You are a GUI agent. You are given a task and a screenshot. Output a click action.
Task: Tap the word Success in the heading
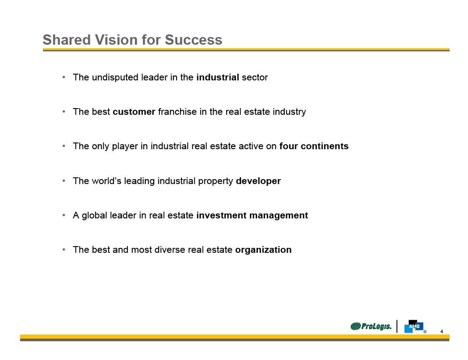point(194,40)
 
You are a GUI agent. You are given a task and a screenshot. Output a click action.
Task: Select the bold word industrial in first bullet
point(218,77)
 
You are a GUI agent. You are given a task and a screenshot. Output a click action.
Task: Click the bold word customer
point(134,112)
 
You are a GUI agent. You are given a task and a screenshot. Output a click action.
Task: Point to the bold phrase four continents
point(314,146)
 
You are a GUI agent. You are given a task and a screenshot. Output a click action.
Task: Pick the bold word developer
point(258,181)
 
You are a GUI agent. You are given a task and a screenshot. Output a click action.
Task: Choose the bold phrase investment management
point(252,215)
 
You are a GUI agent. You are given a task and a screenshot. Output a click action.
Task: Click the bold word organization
point(263,250)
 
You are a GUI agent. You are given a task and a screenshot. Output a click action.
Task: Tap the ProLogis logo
point(371,327)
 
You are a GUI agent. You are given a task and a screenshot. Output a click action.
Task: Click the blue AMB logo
point(414,327)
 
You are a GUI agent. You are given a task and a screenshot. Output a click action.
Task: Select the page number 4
point(442,331)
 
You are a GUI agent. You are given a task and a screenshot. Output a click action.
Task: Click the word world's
point(106,181)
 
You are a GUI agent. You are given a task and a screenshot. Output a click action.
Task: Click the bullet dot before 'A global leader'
point(64,215)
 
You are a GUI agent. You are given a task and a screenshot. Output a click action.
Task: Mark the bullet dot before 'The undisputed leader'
point(64,77)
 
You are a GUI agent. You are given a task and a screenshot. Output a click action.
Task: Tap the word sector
point(255,78)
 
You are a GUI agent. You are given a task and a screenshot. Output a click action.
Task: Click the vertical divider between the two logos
point(397,326)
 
